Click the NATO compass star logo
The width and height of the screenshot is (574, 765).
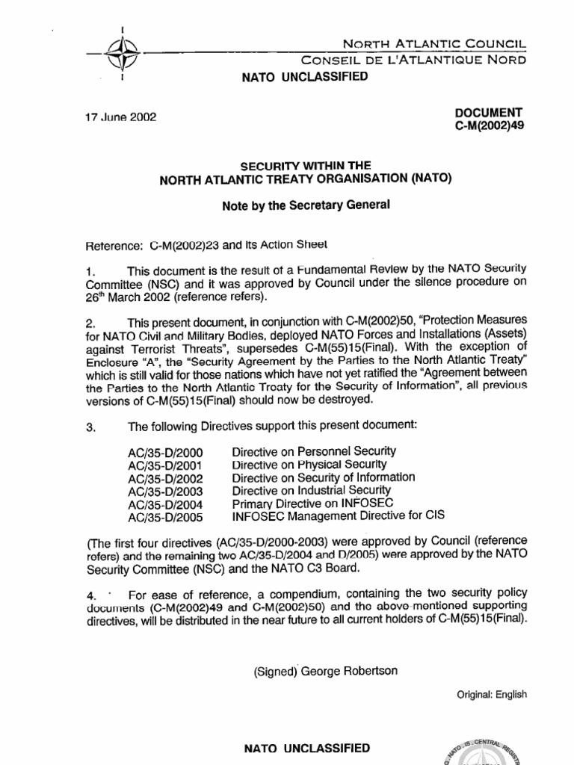(x=121, y=55)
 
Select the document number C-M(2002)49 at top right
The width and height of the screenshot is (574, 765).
(x=490, y=126)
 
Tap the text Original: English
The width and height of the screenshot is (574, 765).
(x=492, y=694)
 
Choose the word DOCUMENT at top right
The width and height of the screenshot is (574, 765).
(x=490, y=112)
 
